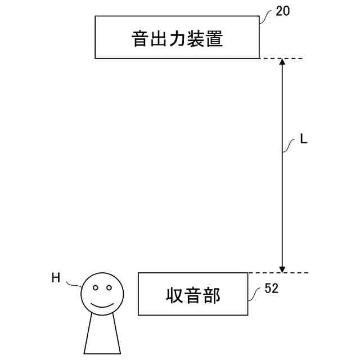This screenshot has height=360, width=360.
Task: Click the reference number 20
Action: [283, 11]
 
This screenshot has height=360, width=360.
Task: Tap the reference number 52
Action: [271, 289]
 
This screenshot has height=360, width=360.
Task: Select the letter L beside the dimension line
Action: [304, 139]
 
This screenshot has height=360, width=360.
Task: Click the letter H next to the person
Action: [56, 277]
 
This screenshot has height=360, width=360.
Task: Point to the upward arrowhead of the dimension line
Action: [283, 62]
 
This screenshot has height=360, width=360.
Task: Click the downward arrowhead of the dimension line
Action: [283, 268]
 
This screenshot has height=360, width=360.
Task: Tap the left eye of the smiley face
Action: [95, 288]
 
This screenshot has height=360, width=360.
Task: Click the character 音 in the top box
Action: [140, 38]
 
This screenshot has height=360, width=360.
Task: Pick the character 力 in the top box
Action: [178, 38]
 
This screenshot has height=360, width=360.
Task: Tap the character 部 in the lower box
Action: [212, 295]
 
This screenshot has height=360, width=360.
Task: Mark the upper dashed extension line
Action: [281, 58]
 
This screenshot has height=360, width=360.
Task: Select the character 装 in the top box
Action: [196, 38]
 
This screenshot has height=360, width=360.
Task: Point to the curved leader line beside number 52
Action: [255, 293]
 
